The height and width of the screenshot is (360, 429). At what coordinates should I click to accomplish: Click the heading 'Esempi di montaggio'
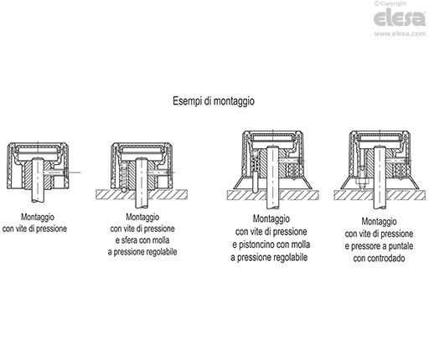[x=214, y=100]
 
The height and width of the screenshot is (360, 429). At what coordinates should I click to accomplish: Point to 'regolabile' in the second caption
[x=169, y=249]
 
